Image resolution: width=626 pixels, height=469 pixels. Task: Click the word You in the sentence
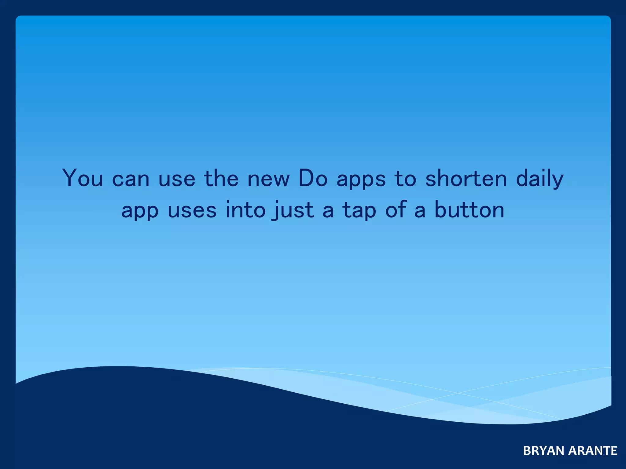pos(83,178)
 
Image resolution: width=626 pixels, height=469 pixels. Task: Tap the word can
pos(131,179)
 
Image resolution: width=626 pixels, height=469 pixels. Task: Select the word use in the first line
pos(177,179)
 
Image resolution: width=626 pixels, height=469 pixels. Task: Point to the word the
pos(221,178)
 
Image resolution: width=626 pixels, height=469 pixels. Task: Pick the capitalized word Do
pos(313,178)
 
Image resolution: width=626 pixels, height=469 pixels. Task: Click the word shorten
pos(466,178)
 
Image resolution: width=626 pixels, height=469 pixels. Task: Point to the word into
pos(245,210)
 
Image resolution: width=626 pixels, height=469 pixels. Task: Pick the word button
pos(469,210)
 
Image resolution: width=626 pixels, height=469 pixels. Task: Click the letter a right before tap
pos(328,211)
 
